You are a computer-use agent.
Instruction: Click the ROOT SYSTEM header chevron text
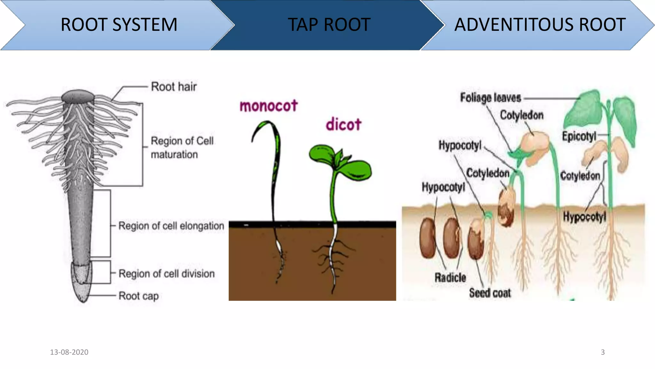119,25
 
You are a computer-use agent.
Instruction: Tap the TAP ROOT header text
329,25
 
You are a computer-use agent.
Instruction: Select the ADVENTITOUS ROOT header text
540,25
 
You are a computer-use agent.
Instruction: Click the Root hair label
174,87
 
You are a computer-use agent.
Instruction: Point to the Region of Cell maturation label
182,148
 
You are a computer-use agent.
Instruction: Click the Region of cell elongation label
171,226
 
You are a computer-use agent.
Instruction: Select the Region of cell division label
167,274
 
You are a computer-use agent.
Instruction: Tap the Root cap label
138,296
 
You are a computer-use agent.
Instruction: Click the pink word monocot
269,106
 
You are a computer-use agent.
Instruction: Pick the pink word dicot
343,125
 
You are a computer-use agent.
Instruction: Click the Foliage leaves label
491,98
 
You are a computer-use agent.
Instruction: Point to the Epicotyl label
579,136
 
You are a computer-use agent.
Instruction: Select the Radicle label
450,278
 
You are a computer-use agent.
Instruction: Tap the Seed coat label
490,293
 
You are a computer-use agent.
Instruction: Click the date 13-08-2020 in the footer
69,352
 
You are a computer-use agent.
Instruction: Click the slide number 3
603,352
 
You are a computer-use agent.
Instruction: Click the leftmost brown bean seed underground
428,238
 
